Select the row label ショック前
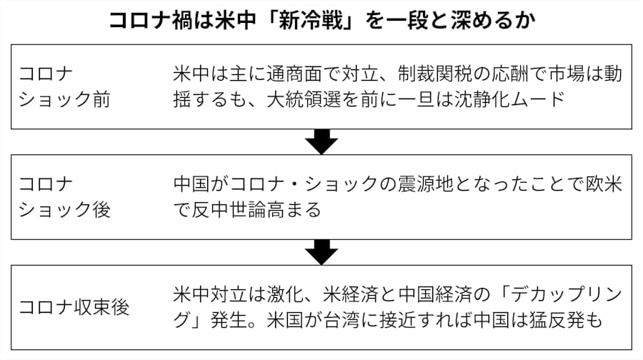click(x=64, y=99)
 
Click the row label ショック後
click(x=64, y=210)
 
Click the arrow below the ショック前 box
click(x=321, y=142)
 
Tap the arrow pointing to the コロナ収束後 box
click(x=321, y=252)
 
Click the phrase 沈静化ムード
click(x=509, y=99)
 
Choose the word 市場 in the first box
click(x=566, y=74)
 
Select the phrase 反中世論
click(x=229, y=210)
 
